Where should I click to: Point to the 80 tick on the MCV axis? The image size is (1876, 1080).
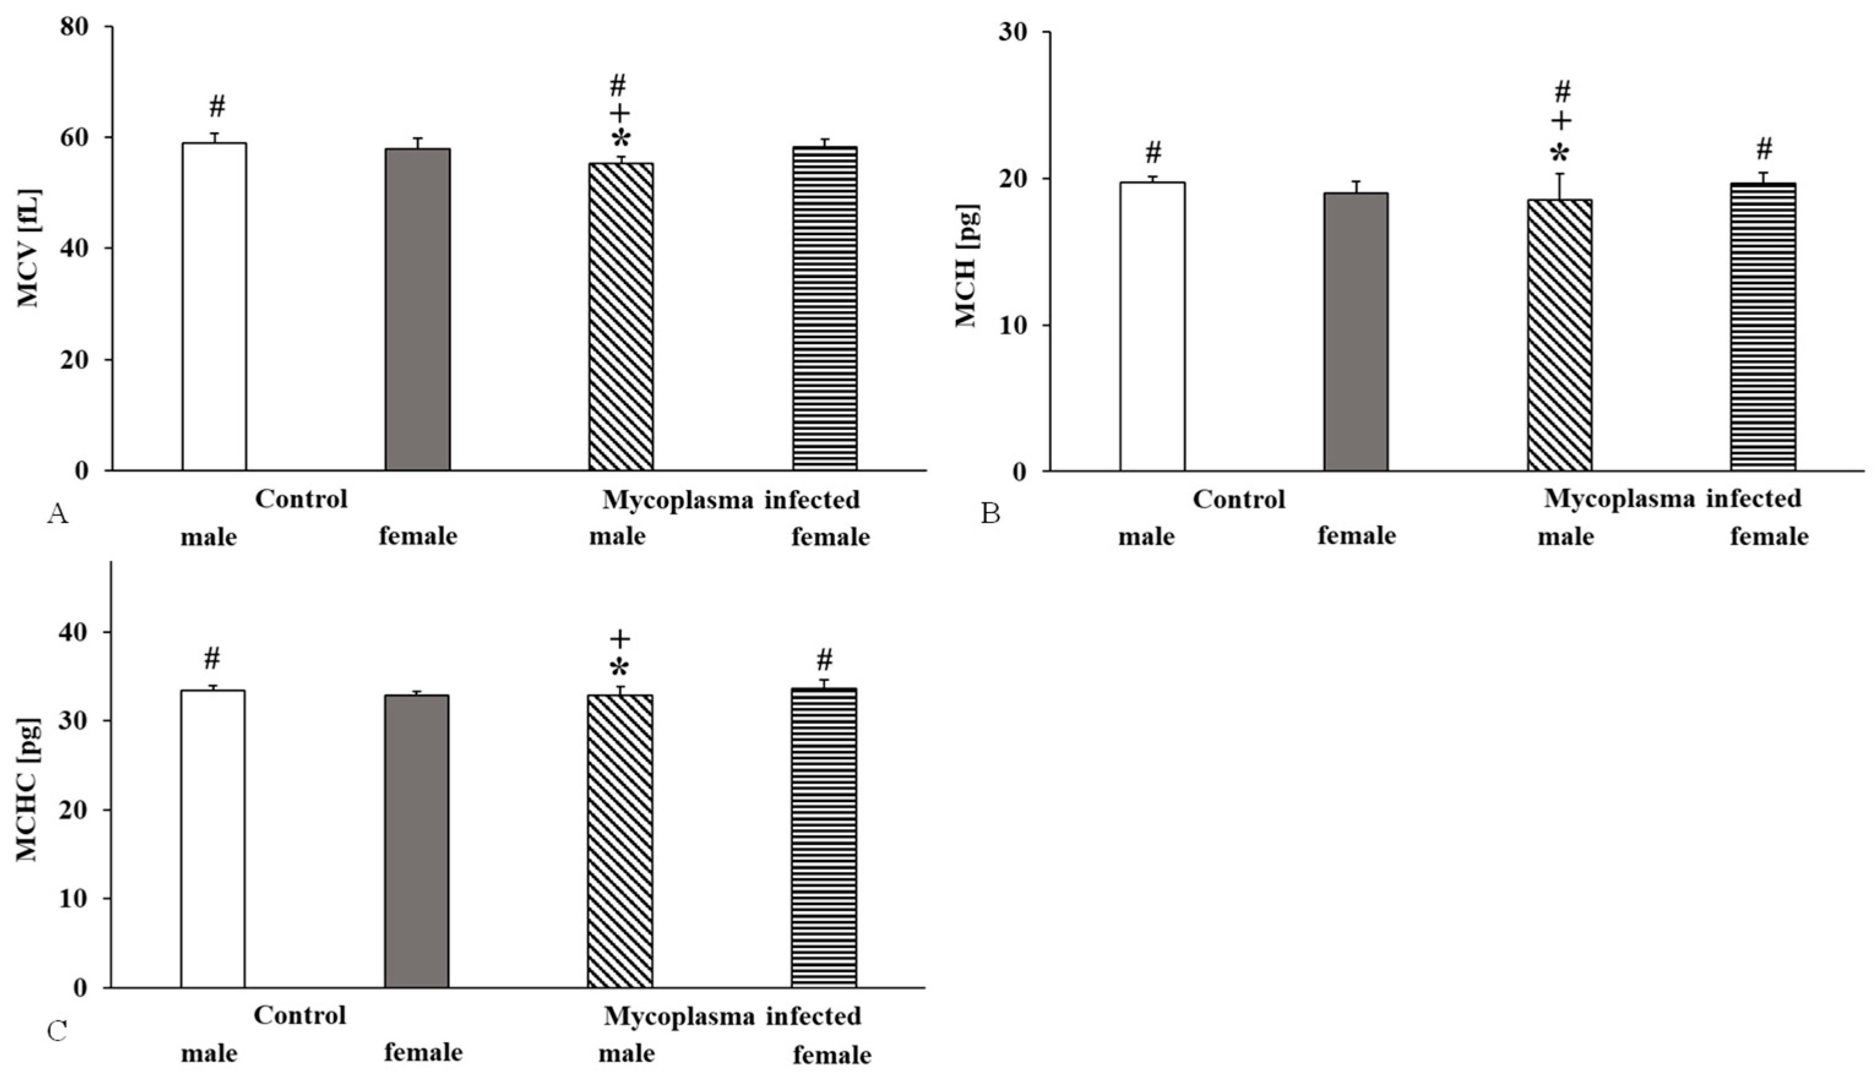77,27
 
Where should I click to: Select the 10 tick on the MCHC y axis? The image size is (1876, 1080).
77,898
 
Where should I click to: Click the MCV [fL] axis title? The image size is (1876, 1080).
29,249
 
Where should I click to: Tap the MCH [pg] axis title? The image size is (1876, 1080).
966,266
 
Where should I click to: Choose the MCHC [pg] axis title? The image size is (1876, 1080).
28,789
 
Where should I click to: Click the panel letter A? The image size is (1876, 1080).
57,512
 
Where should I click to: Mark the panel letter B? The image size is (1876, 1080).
990,512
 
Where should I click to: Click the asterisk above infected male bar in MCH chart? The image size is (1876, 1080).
1560,154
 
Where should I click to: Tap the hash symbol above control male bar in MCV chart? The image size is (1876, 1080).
217,107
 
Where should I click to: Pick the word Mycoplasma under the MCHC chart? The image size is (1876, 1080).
678,1016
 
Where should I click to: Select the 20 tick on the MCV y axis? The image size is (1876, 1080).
77,360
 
